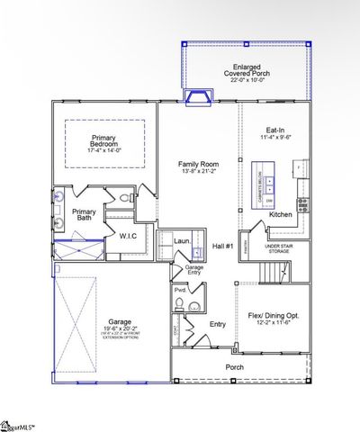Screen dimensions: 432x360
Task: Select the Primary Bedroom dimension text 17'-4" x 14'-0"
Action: (x=104, y=150)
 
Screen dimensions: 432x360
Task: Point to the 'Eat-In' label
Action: (x=274, y=130)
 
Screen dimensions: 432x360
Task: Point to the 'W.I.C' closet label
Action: (x=127, y=237)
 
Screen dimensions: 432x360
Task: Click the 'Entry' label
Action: (x=218, y=325)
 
